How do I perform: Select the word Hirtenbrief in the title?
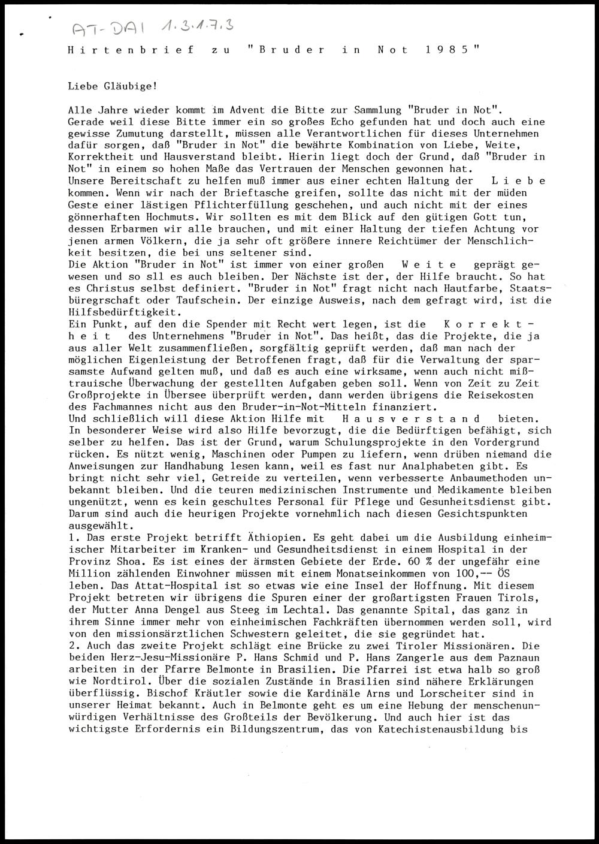pyautogui.click(x=131, y=52)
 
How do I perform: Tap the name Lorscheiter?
pyautogui.click(x=465, y=692)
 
